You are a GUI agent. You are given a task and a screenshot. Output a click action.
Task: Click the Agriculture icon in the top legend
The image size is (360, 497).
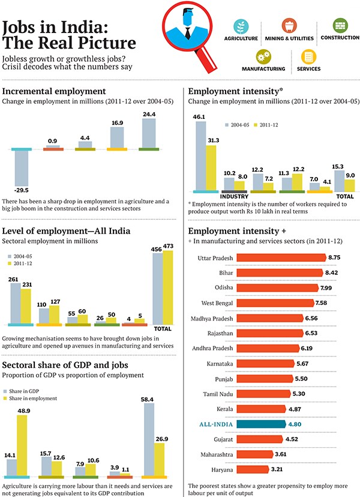(x=241, y=27)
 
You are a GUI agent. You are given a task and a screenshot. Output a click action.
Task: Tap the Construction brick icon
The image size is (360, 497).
(x=340, y=25)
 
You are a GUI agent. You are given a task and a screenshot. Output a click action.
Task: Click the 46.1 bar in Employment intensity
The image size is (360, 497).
(x=201, y=155)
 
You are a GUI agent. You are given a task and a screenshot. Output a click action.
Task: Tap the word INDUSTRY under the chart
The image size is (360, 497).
(x=235, y=196)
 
